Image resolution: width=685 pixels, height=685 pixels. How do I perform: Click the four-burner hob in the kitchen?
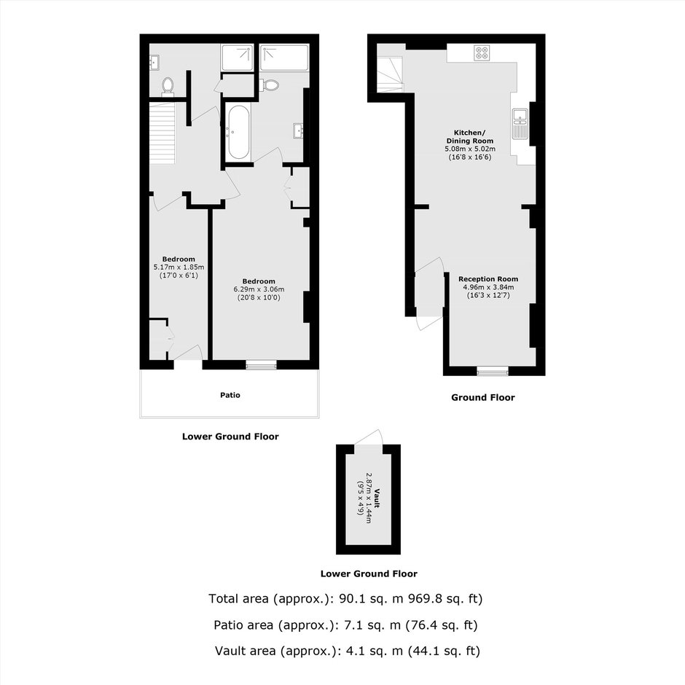point(482,53)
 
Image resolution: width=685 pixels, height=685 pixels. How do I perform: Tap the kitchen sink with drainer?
point(520,124)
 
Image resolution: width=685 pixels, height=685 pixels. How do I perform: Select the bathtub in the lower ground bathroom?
point(238,133)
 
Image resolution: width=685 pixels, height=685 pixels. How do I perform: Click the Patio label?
point(230,395)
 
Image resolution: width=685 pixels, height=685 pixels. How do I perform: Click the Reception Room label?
point(488,278)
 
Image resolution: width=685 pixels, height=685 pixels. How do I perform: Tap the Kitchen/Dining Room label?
point(469,137)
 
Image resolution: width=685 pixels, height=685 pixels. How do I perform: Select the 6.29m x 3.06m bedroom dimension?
point(259,289)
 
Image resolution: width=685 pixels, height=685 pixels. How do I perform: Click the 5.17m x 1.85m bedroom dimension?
point(179,267)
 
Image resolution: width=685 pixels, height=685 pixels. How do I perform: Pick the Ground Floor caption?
point(482,398)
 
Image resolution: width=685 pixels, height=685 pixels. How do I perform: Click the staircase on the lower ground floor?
point(162,133)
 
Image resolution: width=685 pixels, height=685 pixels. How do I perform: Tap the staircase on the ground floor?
point(391,74)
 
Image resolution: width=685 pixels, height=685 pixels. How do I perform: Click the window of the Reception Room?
point(493,372)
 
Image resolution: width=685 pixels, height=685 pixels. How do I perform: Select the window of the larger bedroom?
point(261,365)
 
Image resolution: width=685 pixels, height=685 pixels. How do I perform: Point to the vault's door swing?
point(369,437)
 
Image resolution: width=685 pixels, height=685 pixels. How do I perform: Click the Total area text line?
point(345,598)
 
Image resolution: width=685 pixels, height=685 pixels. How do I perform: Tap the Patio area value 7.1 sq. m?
point(372,625)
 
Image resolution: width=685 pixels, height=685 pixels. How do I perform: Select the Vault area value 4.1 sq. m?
point(374,651)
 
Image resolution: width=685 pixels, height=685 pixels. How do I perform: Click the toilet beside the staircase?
point(168,86)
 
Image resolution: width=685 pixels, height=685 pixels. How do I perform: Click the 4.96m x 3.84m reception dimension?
point(488,287)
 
